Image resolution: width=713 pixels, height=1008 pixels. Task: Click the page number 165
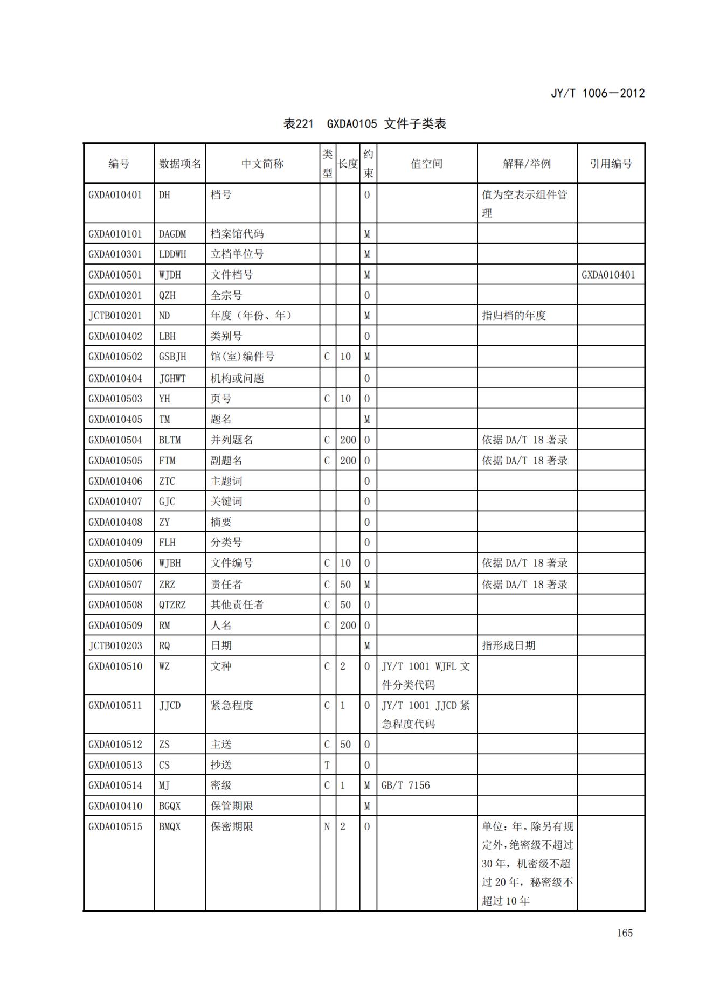pos(625,933)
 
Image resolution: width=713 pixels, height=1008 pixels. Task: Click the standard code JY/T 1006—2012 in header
pos(597,93)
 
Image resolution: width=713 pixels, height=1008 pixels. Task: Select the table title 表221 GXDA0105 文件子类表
pos(364,124)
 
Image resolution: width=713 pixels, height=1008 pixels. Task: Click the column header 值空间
pos(426,164)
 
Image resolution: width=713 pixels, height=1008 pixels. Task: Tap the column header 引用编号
pos(611,164)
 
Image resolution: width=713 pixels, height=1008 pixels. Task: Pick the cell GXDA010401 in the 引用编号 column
pos(608,275)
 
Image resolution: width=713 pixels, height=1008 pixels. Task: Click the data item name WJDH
pos(170,275)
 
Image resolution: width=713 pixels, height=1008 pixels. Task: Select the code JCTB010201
pos(115,316)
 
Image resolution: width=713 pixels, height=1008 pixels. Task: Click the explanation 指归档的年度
pos(514,316)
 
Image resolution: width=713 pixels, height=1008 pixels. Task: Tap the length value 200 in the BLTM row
pos(348,440)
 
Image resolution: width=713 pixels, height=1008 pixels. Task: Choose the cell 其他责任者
pos(237,605)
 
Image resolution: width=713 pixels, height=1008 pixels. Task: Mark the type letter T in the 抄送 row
pos(327,765)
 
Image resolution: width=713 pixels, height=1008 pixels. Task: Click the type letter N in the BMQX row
pos(327,826)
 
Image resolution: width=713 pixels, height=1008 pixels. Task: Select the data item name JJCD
pos(170,706)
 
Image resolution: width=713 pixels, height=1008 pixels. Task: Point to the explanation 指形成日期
pos(508,645)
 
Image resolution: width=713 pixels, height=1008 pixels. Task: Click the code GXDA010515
pos(115,826)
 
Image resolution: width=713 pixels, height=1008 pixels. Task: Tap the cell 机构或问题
pos(237,379)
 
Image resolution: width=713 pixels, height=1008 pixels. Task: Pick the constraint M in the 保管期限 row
pos(367,806)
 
